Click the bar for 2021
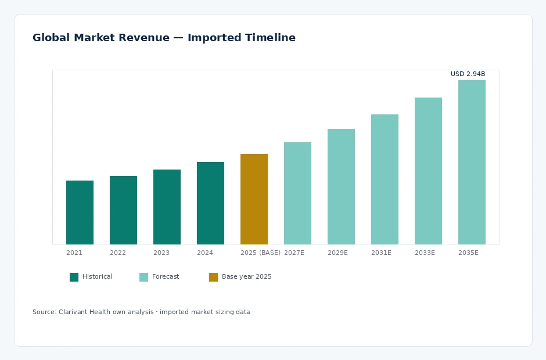80,213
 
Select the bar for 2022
123,210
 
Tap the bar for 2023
167,207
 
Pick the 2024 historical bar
210,203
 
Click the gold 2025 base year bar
254,199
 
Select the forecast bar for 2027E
298,193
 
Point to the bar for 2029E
342,186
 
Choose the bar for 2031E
385,179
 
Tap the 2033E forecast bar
428,171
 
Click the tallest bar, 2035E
472,162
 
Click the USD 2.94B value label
468,74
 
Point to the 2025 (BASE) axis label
260,253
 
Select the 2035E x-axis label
468,253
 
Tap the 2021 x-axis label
74,253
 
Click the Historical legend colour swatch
74,277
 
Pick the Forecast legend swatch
144,277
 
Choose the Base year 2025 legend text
246,277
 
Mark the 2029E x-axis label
338,253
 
